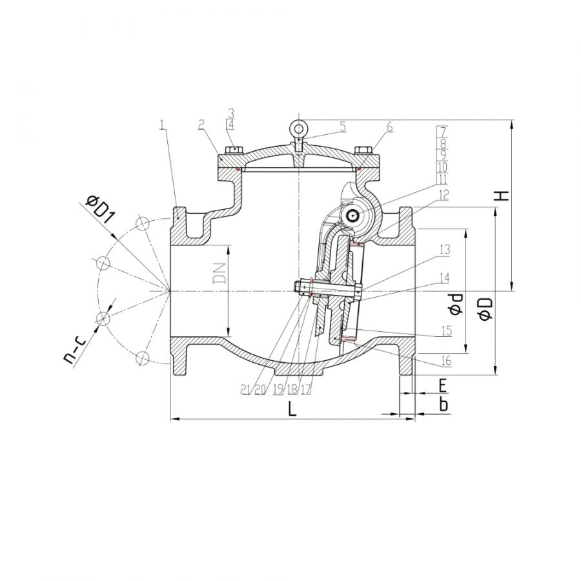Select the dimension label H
(502, 196)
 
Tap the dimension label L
(292, 409)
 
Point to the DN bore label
(219, 274)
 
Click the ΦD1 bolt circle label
(98, 209)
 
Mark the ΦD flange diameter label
(485, 309)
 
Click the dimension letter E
(442, 385)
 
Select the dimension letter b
(443, 405)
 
